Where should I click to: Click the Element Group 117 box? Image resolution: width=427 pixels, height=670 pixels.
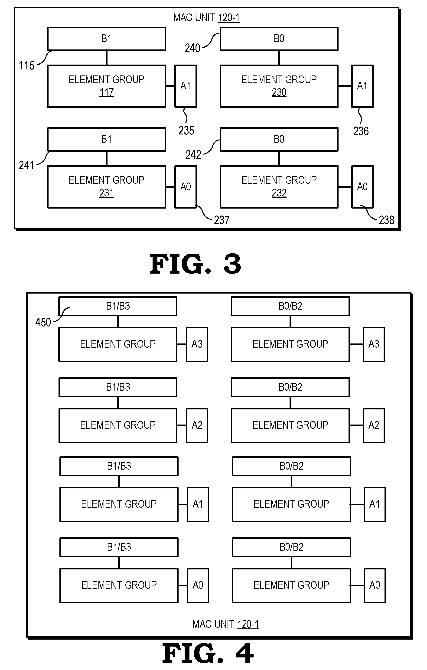coord(107,86)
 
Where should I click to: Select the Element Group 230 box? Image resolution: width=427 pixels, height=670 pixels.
coord(279,86)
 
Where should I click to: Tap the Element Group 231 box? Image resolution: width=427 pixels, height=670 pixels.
coord(107,187)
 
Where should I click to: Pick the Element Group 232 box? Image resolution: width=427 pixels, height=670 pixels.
coord(279,187)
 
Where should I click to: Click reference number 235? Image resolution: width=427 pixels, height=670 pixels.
coord(186,131)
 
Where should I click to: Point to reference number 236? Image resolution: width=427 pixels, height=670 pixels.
coord(361,131)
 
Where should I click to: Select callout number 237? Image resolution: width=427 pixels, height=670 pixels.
coord(222,220)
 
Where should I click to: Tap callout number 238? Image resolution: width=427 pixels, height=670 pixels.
coord(386,220)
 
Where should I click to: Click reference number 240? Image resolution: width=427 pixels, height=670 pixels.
coord(192,48)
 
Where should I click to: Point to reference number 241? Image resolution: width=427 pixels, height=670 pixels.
coord(26,165)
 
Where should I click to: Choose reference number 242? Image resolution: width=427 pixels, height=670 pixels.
coord(193,154)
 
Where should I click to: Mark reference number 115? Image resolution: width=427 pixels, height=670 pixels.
coord(26,66)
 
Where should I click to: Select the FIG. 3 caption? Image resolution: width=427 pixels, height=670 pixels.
coord(195,264)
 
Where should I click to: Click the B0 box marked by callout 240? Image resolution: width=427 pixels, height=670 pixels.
coord(279,39)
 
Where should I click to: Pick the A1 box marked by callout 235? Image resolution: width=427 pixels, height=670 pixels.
coord(186,86)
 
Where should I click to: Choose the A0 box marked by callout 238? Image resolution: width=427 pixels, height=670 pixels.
coord(362,187)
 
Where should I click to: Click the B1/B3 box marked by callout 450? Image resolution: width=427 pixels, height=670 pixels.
coord(118,306)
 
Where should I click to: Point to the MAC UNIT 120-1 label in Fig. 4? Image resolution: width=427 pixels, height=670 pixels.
coord(226,624)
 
